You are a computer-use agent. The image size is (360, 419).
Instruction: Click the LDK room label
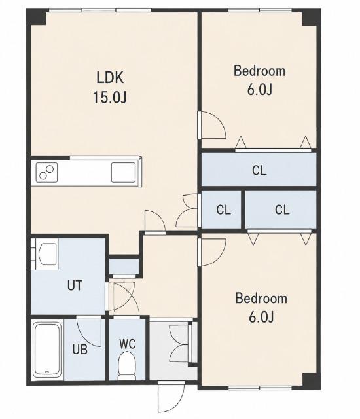pos(110,78)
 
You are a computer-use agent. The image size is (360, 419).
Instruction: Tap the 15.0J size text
pos(109,97)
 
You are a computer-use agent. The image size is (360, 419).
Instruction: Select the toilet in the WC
pos(127,365)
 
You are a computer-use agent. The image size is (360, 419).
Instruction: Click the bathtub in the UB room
pos(47,350)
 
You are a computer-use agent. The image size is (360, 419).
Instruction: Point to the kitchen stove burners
pos(46,172)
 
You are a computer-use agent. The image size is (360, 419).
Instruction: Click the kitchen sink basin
pos(123,172)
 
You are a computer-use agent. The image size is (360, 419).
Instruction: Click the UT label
pos(75,285)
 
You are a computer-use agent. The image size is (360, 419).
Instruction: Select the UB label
pos(80,349)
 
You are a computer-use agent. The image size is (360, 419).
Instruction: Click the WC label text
pos(128,344)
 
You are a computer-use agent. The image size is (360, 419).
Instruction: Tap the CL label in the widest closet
pos(259,170)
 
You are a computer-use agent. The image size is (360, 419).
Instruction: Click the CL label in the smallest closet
pos(224,210)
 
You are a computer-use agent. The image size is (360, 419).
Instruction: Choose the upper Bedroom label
pos(259,71)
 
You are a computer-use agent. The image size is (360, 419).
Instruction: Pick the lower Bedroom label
pos(261,299)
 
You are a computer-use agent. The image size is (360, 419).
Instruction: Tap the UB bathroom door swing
pos(89,331)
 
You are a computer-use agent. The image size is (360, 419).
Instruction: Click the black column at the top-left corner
pos(37,16)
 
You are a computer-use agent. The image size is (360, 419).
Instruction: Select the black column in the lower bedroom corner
pos(312,381)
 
